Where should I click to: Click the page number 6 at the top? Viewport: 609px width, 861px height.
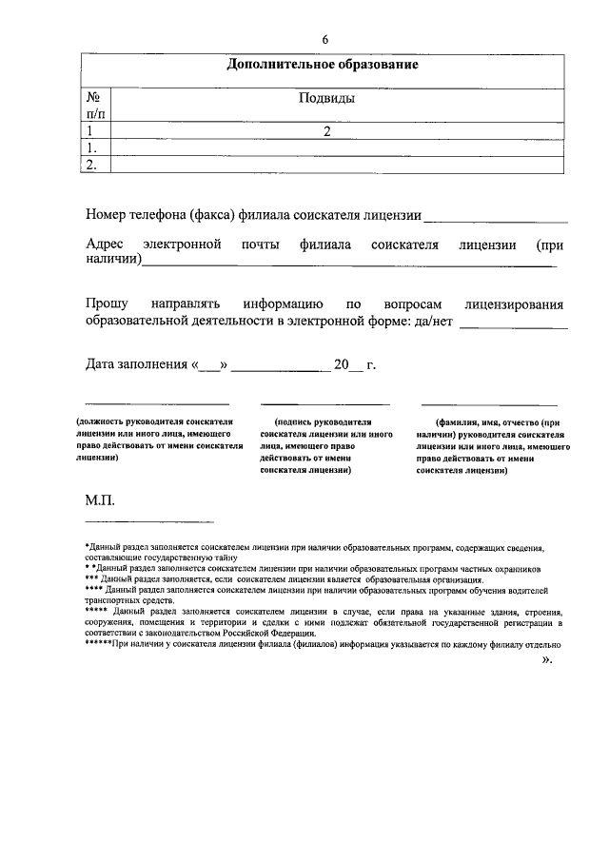[325, 39]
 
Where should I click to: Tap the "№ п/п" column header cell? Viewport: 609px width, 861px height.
[94, 106]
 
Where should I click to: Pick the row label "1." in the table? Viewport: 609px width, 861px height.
[92, 148]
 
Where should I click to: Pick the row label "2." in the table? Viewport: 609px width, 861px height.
[92, 165]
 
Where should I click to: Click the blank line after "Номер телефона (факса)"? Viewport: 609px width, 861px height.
[496, 216]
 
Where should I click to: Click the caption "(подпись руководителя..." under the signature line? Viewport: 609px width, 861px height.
[321, 444]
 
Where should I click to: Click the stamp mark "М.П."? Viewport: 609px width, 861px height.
[100, 499]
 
